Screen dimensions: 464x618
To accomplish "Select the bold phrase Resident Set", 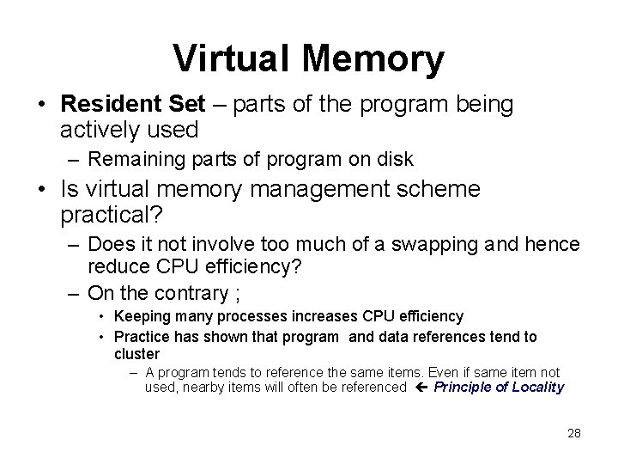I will click(134, 105).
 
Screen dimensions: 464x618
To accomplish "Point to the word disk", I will click(395, 159).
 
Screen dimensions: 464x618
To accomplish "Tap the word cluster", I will click(136, 353).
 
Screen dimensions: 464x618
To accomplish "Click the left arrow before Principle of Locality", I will click(420, 387).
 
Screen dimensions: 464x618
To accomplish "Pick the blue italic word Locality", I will click(537, 388).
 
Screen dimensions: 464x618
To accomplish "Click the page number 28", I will click(574, 433).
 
